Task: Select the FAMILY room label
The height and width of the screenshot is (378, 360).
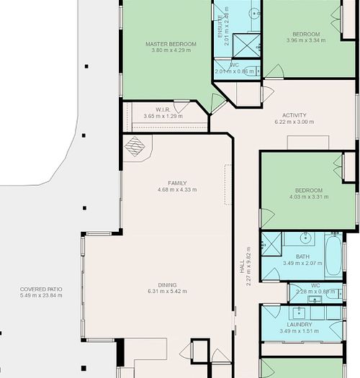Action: (x=176, y=183)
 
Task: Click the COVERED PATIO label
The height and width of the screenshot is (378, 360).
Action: (x=41, y=289)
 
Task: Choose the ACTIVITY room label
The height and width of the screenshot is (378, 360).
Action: (x=294, y=115)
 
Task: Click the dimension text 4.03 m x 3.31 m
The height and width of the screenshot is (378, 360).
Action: (x=308, y=197)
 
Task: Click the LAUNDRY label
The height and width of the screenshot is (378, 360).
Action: (x=299, y=324)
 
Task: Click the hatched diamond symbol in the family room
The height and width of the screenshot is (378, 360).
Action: (x=135, y=146)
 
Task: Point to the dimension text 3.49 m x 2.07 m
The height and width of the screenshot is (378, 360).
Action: (x=302, y=264)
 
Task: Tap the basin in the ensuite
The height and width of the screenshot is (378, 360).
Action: (x=256, y=13)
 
